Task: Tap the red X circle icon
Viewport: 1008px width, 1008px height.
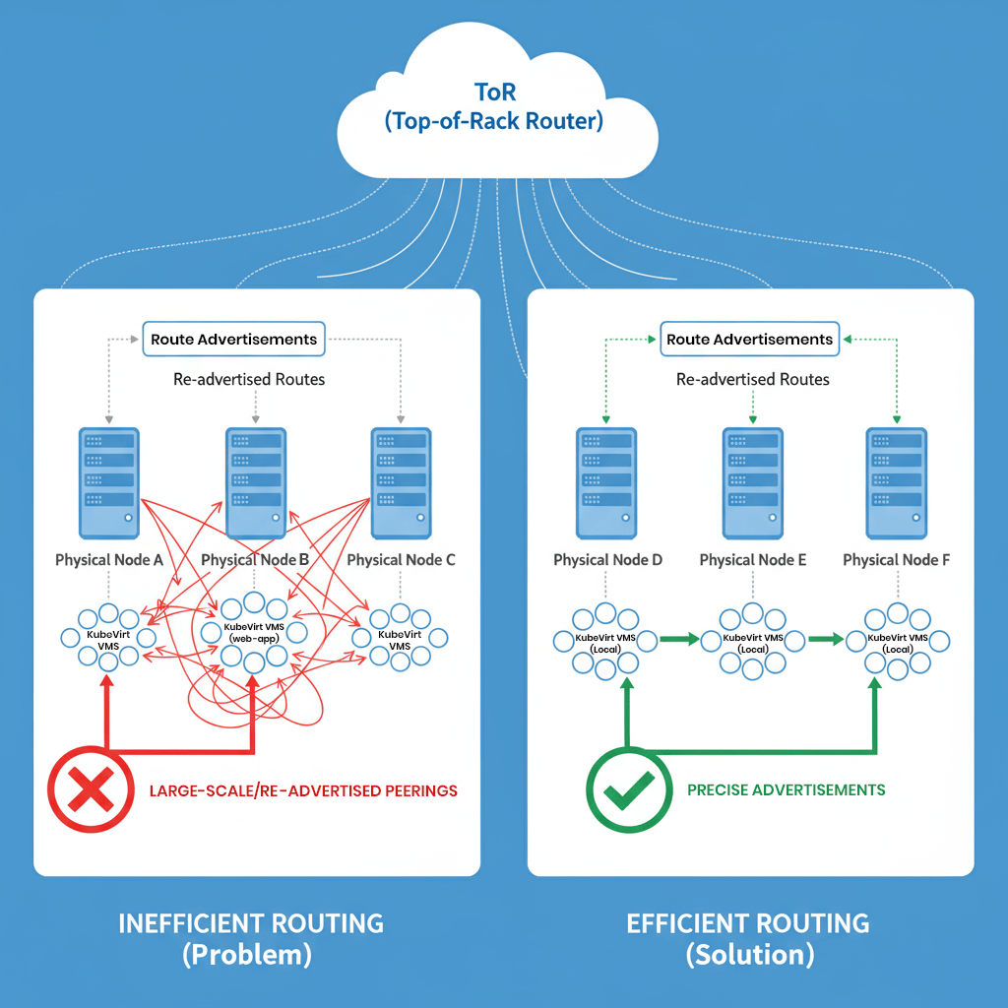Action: click(91, 788)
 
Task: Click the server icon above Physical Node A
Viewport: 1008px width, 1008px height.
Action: click(109, 482)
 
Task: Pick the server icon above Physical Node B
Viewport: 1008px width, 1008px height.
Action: click(256, 482)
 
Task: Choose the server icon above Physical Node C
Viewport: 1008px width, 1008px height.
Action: click(401, 482)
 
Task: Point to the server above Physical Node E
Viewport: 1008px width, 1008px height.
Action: click(753, 482)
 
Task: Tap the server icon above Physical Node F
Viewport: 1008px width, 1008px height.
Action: click(897, 482)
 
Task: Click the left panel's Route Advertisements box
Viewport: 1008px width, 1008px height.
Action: click(233, 340)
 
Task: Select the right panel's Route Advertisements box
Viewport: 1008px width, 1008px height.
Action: click(749, 340)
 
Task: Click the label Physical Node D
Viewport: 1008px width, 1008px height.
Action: click(607, 560)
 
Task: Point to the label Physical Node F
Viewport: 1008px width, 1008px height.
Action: click(897, 560)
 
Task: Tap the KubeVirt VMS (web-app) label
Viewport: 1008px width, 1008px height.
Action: click(255, 633)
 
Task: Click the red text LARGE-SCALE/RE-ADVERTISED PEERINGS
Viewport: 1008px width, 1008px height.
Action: click(303, 790)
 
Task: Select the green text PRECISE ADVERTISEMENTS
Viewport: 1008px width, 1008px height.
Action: click(786, 789)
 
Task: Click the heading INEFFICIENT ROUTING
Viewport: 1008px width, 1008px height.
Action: click(251, 923)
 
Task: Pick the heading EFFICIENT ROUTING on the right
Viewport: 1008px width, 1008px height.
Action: click(748, 923)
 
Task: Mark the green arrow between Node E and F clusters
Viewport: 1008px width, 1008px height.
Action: click(825, 640)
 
